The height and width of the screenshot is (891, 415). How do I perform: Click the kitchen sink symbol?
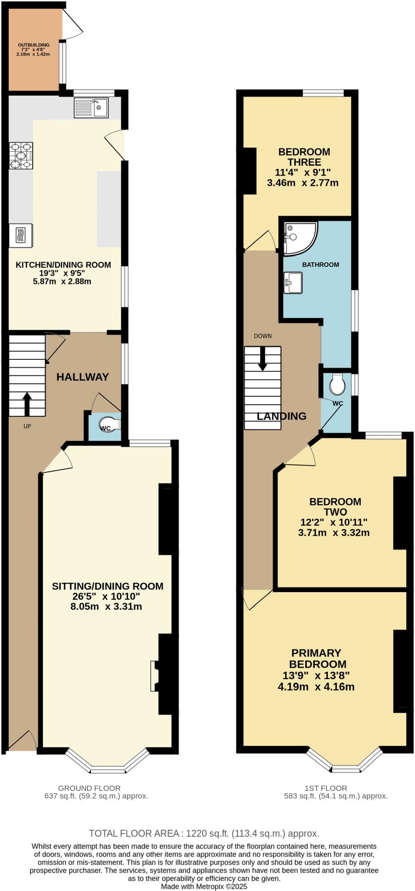[x=91, y=107]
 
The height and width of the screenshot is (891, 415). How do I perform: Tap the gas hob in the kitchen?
[x=21, y=156]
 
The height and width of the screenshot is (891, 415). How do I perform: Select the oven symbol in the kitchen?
[x=20, y=235]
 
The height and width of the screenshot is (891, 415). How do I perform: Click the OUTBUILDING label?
[x=34, y=45]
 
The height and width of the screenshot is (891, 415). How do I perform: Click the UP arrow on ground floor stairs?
[x=27, y=404]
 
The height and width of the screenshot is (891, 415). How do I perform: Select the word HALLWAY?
[x=82, y=377]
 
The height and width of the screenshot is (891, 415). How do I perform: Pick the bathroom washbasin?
[x=293, y=283]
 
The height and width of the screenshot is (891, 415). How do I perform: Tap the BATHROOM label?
[x=321, y=265]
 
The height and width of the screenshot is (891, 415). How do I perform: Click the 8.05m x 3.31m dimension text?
[x=106, y=606]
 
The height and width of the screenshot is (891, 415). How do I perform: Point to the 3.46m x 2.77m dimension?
[x=303, y=183]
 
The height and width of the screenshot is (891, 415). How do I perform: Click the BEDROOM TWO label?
[x=335, y=506]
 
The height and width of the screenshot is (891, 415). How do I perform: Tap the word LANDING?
[x=281, y=416]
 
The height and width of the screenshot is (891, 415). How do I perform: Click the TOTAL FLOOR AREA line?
[x=204, y=834]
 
